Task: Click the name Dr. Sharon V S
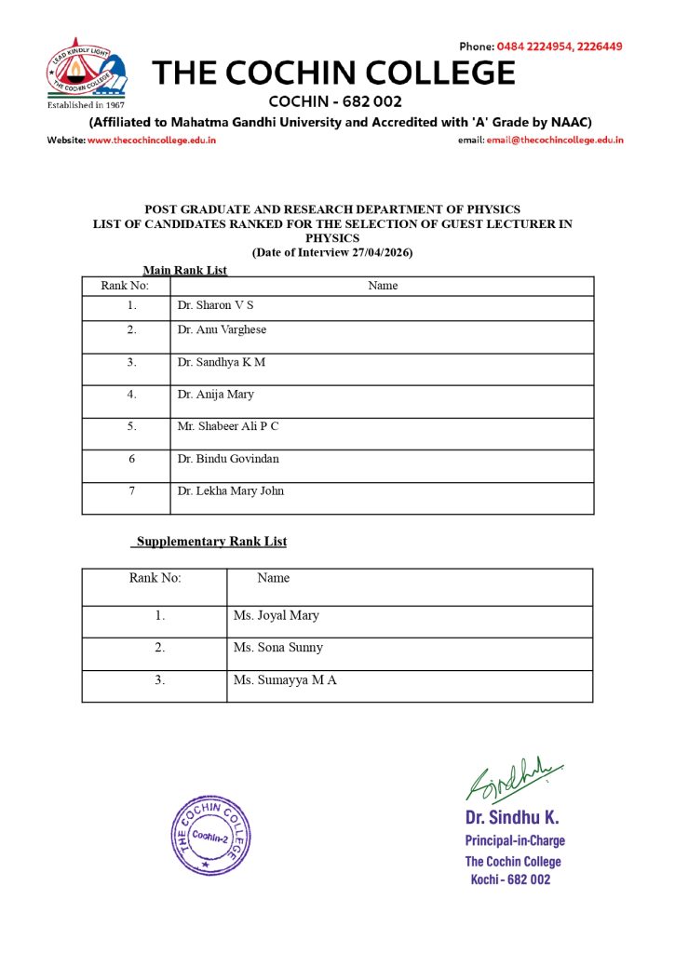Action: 215,305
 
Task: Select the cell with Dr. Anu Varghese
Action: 222,329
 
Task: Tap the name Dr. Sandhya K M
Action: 221,362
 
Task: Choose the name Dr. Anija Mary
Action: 215,395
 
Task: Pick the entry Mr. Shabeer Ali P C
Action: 228,426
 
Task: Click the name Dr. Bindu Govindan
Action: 228,459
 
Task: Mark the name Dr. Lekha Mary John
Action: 231,490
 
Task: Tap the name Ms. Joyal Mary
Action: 277,615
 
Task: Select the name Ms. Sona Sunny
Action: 278,647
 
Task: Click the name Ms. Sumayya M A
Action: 285,680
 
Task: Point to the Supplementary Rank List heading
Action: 211,542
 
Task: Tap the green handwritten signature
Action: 513,778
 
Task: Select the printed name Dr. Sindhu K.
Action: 512,818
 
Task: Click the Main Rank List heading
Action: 184,271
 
